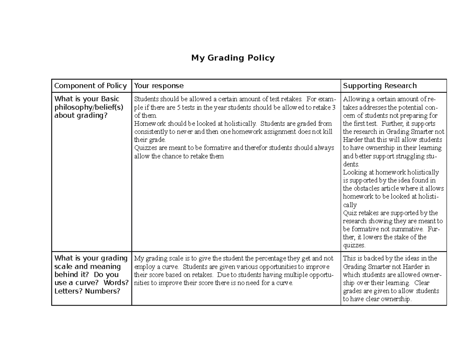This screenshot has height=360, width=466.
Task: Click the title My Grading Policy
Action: pyautogui.click(x=233, y=58)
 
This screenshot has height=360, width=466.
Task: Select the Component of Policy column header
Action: pyautogui.click(x=90, y=86)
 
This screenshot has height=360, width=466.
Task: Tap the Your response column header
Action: pyautogui.click(x=159, y=86)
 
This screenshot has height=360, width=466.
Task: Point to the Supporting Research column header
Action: pyautogui.click(x=380, y=86)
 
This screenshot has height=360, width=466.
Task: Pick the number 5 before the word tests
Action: pyautogui.click(x=179, y=108)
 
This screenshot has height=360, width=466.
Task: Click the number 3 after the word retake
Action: pyautogui.click(x=334, y=108)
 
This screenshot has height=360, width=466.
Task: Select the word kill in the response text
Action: pyautogui.click(x=328, y=132)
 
